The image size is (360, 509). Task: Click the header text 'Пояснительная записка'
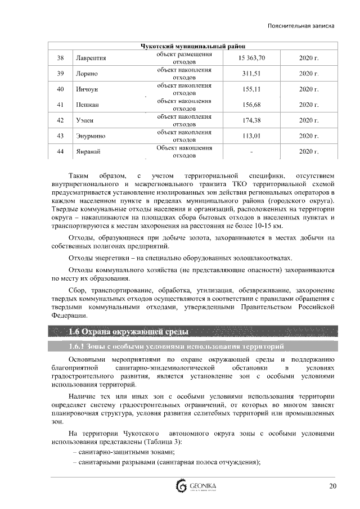pos(301,26)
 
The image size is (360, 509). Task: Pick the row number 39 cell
pos(61,74)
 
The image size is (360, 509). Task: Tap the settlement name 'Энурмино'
pos(91,136)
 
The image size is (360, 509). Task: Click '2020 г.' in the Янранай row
pos(309,152)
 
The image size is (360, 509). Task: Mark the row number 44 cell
pos(61,152)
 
